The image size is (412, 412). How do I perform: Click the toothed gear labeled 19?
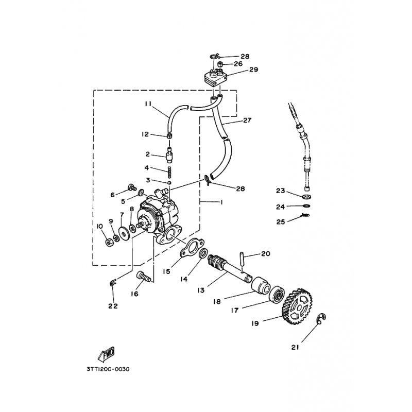298,306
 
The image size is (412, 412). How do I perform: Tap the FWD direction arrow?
107,354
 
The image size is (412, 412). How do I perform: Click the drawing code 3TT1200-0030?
108,369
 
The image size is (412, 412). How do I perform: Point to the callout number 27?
247,121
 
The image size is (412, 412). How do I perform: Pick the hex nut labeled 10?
108,243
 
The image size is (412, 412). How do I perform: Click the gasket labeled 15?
190,247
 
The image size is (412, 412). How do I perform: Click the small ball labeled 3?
170,183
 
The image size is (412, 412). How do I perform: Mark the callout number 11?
148,104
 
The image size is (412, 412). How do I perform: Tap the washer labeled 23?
306,196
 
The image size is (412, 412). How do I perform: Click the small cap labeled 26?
221,64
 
